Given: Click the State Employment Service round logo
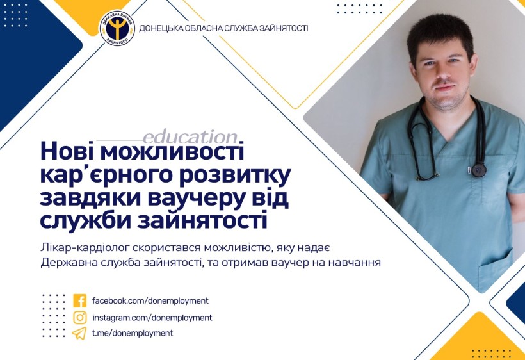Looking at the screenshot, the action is click(117, 28).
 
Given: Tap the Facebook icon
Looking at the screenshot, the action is click(79, 300).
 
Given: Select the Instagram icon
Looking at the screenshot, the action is click(79, 317).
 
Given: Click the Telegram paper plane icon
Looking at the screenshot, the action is click(79, 333).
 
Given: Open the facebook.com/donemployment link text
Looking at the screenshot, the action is click(150, 300).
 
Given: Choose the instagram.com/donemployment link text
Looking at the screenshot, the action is click(152, 318).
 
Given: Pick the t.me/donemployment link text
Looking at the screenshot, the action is click(133, 333).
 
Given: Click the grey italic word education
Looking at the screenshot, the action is click(190, 137).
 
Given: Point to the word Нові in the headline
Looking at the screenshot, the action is click(67, 151).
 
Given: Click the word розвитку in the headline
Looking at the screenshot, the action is click(235, 175).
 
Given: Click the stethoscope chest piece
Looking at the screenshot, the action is click(478, 170).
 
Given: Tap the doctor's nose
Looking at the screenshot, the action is click(442, 73).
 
